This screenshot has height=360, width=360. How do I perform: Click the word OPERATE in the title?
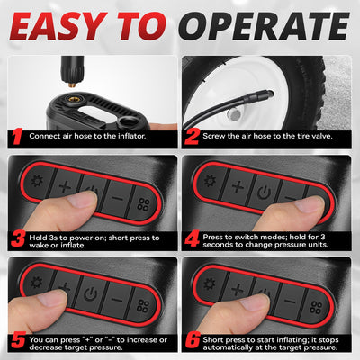pyautogui.click(x=265, y=26)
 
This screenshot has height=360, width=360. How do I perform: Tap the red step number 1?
pyautogui.click(x=17, y=137)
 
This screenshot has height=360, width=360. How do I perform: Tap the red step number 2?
pyautogui.click(x=192, y=137)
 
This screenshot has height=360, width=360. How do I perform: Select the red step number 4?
pyautogui.click(x=192, y=239)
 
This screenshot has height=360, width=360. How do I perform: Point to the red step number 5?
pyautogui.click(x=18, y=341)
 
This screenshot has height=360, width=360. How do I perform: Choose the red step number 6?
pyautogui.click(x=193, y=341)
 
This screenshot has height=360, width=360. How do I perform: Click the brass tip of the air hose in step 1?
pyautogui.click(x=72, y=85)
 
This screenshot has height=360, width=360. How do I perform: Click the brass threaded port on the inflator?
pyautogui.click(x=72, y=99)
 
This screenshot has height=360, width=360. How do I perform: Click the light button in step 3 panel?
pyautogui.click(x=38, y=182)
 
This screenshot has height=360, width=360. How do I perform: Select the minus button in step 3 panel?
pyautogui.click(x=118, y=198)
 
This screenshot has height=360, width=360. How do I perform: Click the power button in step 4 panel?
pyautogui.click(x=264, y=192)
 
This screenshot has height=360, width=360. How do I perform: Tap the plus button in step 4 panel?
pyautogui.click(x=238, y=186)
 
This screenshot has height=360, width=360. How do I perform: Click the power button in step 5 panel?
pyautogui.click(x=91, y=294)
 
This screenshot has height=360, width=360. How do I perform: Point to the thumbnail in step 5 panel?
pyautogui.click(x=52, y=299)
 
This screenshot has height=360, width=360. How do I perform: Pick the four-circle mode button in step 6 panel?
pyautogui.click(x=316, y=307)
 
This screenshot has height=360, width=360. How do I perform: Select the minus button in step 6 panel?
pyautogui.click(x=290, y=301)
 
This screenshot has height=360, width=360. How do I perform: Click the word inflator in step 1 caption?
pyautogui.click(x=131, y=136)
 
